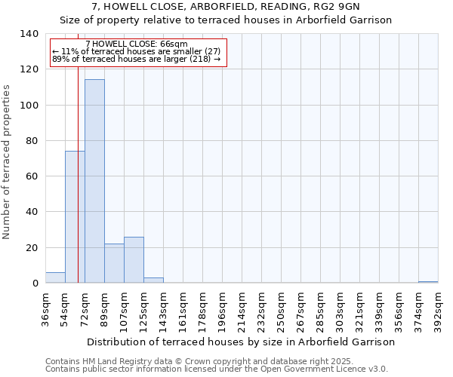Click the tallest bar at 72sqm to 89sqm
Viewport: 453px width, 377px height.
94,181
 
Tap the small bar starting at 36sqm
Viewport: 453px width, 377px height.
55,278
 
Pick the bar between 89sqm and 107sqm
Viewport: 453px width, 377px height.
114,264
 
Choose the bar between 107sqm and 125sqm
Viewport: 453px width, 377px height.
134,260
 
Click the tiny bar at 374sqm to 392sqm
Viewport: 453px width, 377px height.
428,282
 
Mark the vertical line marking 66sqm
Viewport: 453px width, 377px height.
78,188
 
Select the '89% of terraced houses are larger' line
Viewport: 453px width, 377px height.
137,60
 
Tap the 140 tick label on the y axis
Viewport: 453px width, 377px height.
29,34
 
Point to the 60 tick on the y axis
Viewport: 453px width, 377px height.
32,176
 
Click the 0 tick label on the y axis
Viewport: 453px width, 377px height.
35,284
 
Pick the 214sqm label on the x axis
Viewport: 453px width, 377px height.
242,307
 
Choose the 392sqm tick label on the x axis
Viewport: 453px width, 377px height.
438,307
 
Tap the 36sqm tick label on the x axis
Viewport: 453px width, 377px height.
45,307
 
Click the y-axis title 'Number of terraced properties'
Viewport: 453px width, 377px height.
8,162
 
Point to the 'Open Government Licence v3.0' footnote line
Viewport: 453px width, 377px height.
217,369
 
